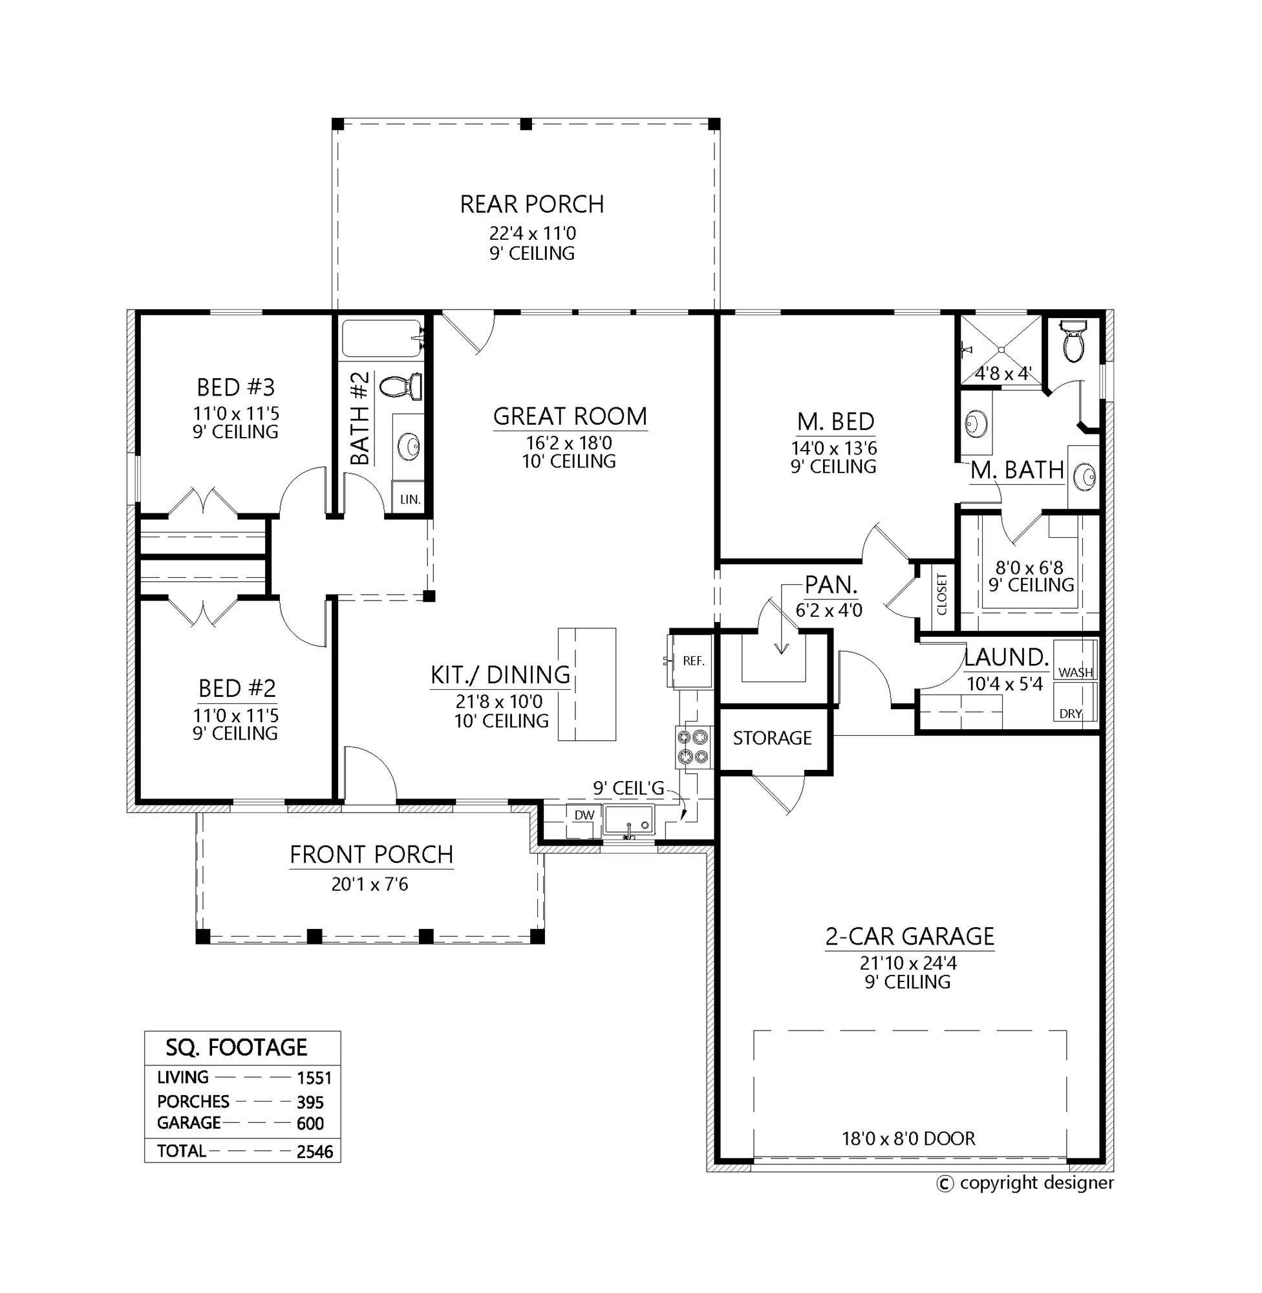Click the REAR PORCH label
click(531, 204)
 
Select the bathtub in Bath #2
click(381, 339)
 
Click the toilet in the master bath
click(1071, 342)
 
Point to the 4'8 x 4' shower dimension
click(1002, 374)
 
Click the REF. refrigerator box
click(692, 661)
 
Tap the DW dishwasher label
click(584, 815)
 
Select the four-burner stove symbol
click(693, 746)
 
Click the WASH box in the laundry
click(1075, 671)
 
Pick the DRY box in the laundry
click(1071, 713)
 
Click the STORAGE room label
click(772, 738)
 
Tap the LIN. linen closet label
click(411, 499)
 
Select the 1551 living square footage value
click(314, 1078)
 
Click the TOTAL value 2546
click(314, 1152)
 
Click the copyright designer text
click(1036, 1183)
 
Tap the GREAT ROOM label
click(570, 416)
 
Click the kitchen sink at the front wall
click(629, 822)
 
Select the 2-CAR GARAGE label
click(910, 935)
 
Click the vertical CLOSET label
click(942, 594)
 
